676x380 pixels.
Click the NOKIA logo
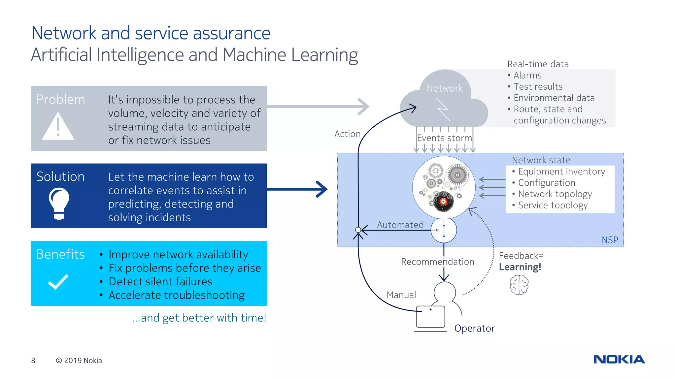[x=619, y=359]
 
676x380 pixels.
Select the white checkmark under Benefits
[x=58, y=282]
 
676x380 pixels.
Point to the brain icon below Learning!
[x=519, y=285]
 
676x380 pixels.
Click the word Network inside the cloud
[x=445, y=88]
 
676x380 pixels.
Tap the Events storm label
[x=444, y=138]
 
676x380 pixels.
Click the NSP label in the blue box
[x=609, y=240]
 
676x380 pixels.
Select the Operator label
[x=474, y=328]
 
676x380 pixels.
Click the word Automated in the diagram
[x=400, y=225]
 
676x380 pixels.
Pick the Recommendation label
[x=437, y=262]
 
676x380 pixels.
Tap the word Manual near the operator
[x=401, y=295]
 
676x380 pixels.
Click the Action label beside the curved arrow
[x=347, y=134]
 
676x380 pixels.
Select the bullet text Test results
[x=538, y=87]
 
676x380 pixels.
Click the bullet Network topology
[x=555, y=194]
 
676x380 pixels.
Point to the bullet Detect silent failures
[x=160, y=282]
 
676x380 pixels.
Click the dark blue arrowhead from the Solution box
[x=322, y=189]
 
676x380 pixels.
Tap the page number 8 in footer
[x=33, y=361]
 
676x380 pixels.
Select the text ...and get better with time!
[x=199, y=318]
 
